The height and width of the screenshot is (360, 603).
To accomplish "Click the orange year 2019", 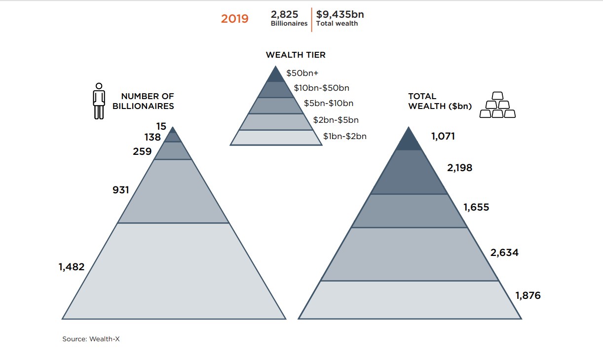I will pyautogui.click(x=234, y=19).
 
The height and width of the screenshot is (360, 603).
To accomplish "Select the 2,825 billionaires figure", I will pyautogui.click(x=284, y=15).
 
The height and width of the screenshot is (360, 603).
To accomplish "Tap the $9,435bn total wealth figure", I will pyautogui.click(x=340, y=15).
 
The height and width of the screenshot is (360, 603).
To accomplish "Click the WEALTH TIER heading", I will pyautogui.click(x=296, y=55).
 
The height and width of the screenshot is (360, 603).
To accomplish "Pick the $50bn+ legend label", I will pyautogui.click(x=302, y=73).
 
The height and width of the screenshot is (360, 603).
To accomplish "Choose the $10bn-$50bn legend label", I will pyautogui.click(x=321, y=88).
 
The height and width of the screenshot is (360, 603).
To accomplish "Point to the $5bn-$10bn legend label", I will pyautogui.click(x=328, y=104).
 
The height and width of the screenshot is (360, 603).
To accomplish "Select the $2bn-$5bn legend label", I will pyautogui.click(x=336, y=120).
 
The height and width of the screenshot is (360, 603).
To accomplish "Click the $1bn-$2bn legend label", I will pyautogui.click(x=344, y=136).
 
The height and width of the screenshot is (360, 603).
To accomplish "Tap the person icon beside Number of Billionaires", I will pyautogui.click(x=99, y=101).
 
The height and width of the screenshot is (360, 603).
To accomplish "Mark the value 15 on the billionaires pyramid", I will pyautogui.click(x=161, y=127).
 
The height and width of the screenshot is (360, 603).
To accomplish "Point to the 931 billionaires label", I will pyautogui.click(x=120, y=189).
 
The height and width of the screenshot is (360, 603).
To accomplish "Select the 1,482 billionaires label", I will pyautogui.click(x=72, y=267).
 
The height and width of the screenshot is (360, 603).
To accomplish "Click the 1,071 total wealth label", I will pyautogui.click(x=443, y=137).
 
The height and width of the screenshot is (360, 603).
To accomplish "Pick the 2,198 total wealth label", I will pyautogui.click(x=459, y=168).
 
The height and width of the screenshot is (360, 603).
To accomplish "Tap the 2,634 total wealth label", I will pyautogui.click(x=504, y=253).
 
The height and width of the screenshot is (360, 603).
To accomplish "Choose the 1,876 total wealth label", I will pyautogui.click(x=528, y=296).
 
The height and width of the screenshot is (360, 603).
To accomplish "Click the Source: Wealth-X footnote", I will pyautogui.click(x=91, y=339).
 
